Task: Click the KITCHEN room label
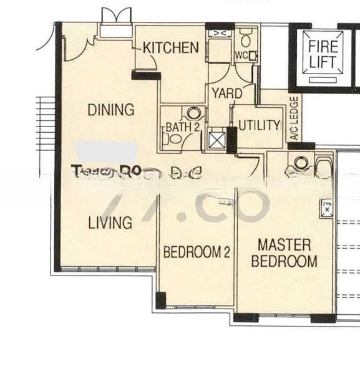pyautogui.click(x=170, y=47)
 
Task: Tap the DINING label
pyautogui.click(x=110, y=110)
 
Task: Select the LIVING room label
pyautogui.click(x=110, y=223)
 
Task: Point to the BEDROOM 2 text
pyautogui.click(x=197, y=252)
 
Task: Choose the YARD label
pyautogui.click(x=227, y=94)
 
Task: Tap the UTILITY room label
pyautogui.click(x=259, y=125)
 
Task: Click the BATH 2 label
pyautogui.click(x=178, y=128)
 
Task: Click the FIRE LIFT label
pyautogui.click(x=323, y=54)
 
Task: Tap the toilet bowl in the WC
pyautogui.click(x=245, y=40)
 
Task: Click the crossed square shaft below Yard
pyautogui.click(x=217, y=139)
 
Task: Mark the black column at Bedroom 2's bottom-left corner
pyautogui.click(x=161, y=300)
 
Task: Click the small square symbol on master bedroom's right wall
pyautogui.click(x=325, y=208)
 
